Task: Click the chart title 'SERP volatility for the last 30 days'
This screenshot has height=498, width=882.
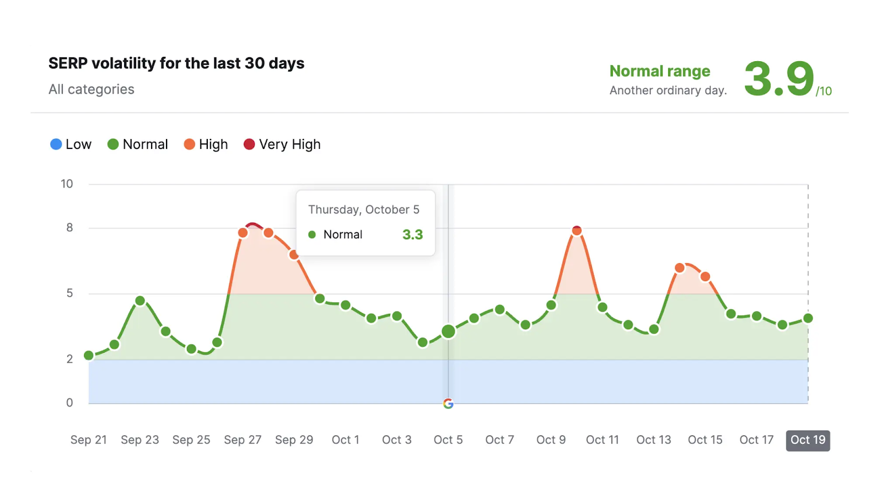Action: coord(176,63)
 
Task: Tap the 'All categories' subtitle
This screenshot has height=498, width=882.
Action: coord(92,89)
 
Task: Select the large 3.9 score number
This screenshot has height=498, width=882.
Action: coord(779,79)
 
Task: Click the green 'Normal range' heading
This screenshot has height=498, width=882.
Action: coord(660,71)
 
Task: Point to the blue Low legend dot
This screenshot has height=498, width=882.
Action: coord(56,144)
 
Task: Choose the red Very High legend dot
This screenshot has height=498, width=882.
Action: coord(249,144)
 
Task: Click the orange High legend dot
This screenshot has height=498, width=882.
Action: coord(190,144)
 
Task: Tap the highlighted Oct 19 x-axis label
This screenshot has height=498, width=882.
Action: coord(808,440)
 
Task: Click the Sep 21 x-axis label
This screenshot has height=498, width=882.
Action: coord(88,440)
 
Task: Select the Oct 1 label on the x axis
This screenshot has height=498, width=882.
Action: coord(345,440)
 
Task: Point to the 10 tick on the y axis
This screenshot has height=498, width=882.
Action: coord(67,184)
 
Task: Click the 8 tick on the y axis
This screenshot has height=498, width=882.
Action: coord(69,228)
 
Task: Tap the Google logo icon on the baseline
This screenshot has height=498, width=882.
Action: coord(448,404)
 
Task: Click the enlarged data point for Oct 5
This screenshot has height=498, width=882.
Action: coord(448,331)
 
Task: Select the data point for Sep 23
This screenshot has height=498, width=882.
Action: coord(140,301)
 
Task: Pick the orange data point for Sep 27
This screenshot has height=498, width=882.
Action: coord(243,233)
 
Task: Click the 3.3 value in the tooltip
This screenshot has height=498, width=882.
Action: coord(412,234)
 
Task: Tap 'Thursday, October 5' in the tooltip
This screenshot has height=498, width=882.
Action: coord(364,210)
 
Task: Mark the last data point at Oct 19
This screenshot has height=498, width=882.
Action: coord(808,318)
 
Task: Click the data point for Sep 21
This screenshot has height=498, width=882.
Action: coord(89,355)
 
